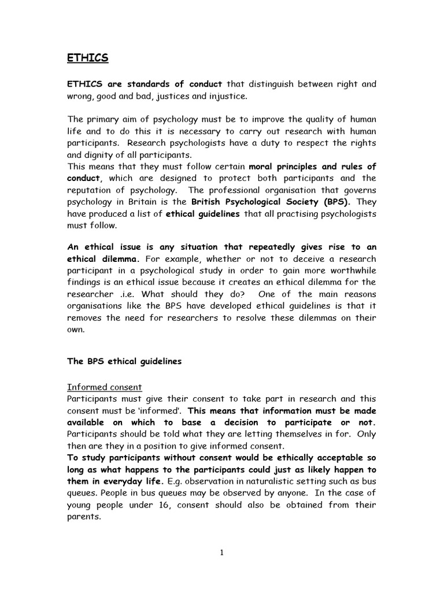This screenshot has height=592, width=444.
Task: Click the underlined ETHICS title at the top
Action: coord(88,58)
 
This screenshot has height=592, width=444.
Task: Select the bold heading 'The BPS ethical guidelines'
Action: coord(124,361)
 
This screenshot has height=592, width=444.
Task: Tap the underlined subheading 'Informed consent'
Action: coord(105,387)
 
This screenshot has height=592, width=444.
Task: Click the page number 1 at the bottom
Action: coord(222,552)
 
